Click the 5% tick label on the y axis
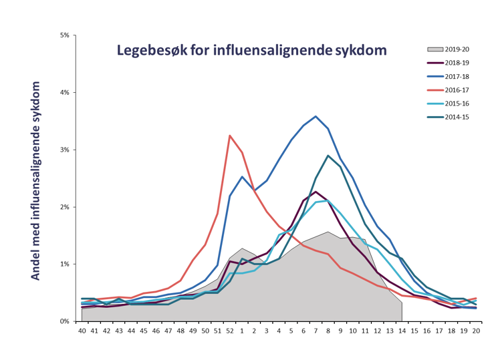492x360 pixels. [65, 35]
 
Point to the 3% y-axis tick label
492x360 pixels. [65, 150]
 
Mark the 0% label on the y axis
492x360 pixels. [65, 321]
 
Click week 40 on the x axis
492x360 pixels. [82, 331]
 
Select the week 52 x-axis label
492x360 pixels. [230, 331]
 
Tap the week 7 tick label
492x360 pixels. [316, 331]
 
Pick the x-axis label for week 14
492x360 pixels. [402, 331]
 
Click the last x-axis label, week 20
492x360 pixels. [475, 331]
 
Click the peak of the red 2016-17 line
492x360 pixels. [230, 136]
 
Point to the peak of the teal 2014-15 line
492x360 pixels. [328, 156]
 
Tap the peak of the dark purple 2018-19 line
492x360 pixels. [316, 192]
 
